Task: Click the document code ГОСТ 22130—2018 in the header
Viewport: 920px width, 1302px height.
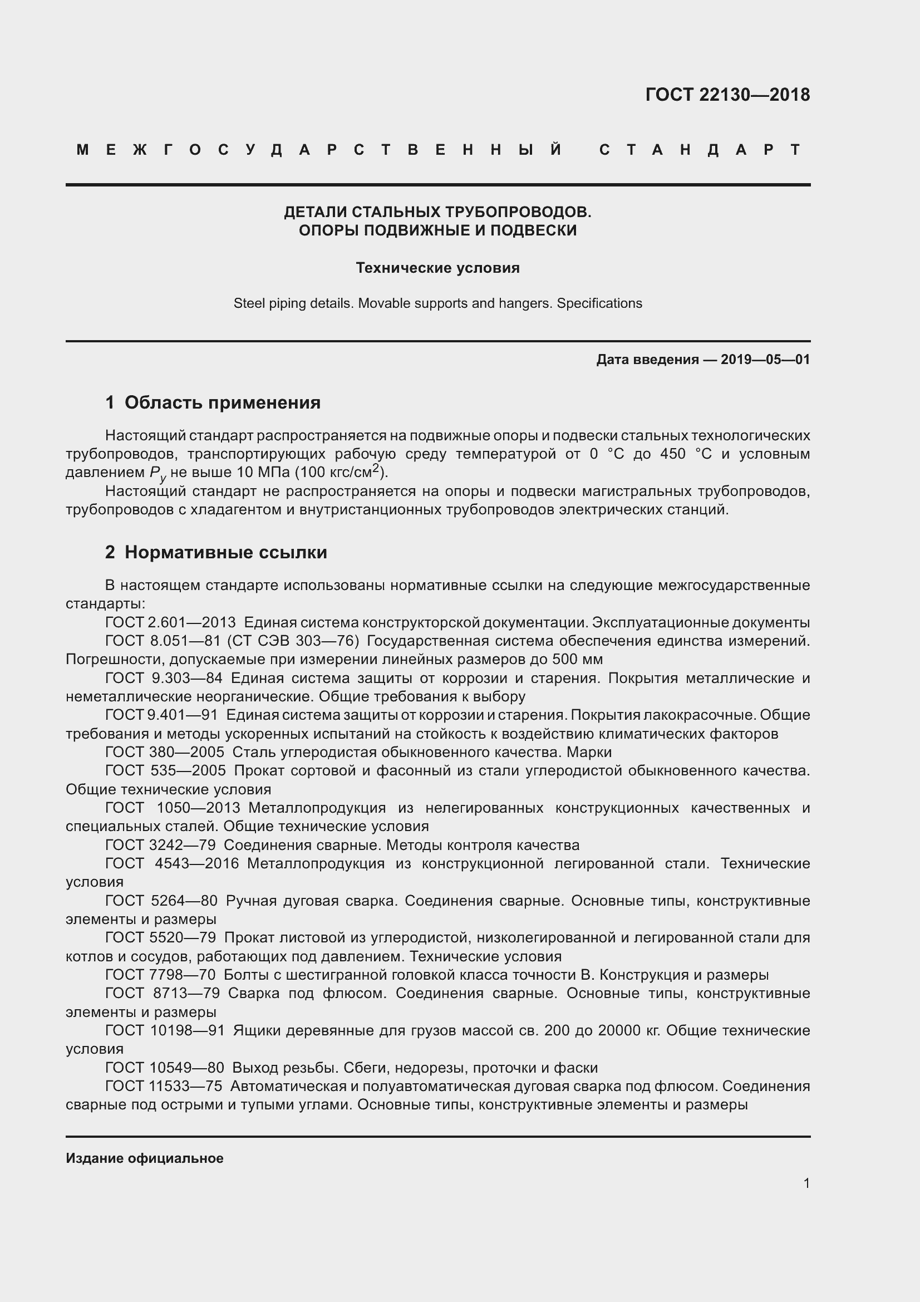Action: click(x=727, y=95)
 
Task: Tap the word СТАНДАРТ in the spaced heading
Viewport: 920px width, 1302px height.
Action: click(x=700, y=150)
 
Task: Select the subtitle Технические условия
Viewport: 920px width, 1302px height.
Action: click(x=437, y=268)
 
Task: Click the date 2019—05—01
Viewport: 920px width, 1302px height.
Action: click(x=765, y=360)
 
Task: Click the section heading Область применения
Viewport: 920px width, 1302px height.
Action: click(x=222, y=402)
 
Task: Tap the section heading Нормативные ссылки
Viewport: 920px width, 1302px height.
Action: click(x=225, y=552)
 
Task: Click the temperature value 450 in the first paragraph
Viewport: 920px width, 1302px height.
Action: click(x=673, y=454)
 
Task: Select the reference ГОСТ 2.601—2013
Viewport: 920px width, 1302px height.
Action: click(x=170, y=623)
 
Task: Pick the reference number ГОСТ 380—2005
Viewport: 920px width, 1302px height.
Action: click(x=164, y=753)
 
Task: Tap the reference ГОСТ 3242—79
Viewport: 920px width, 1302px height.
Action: click(x=160, y=846)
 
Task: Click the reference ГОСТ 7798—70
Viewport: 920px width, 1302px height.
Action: click(x=160, y=975)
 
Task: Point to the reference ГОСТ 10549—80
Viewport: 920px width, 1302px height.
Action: click(x=164, y=1068)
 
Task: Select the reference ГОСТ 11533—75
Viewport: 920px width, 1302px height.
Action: click(x=164, y=1087)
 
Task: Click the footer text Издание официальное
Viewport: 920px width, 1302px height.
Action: click(x=145, y=1158)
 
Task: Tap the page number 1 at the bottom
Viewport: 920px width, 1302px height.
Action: click(x=806, y=1183)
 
